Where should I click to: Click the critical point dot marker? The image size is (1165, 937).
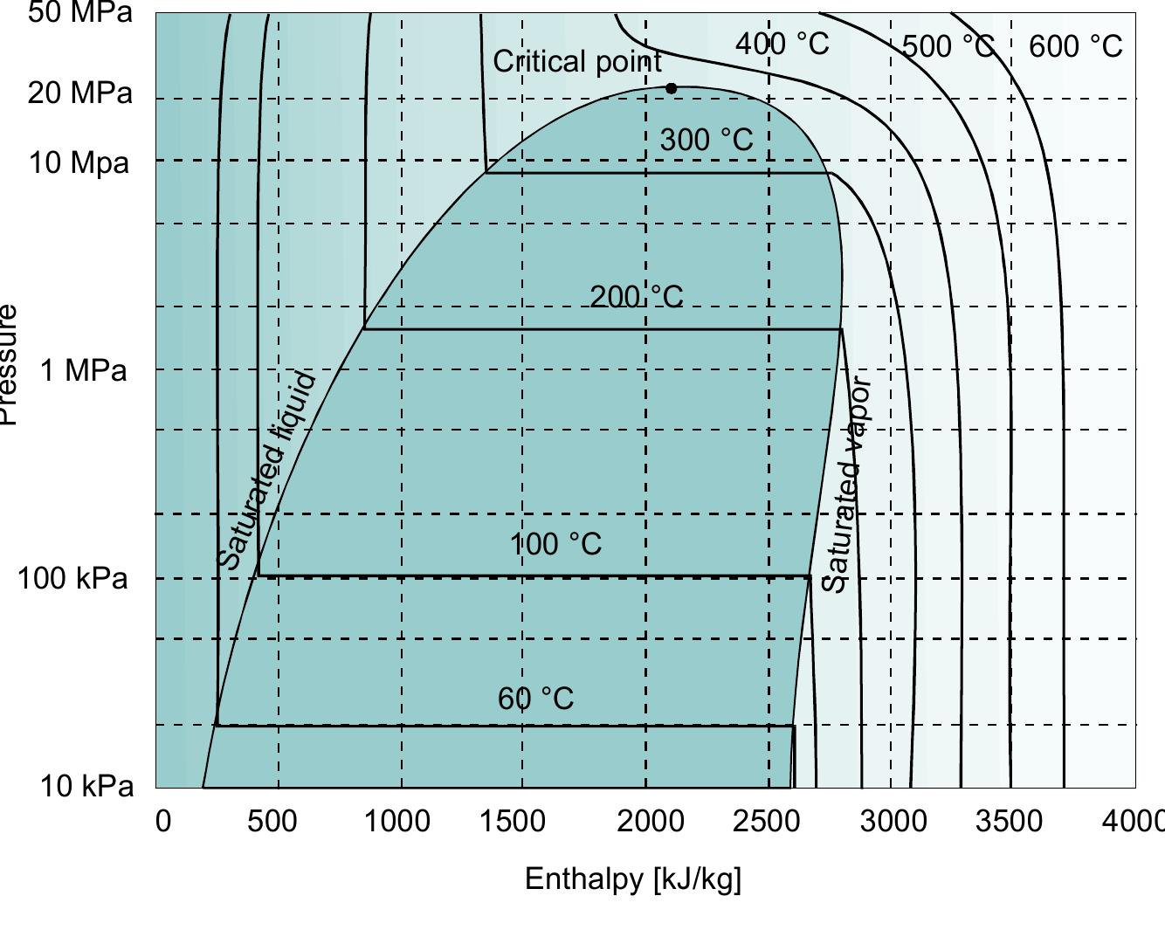[671, 88]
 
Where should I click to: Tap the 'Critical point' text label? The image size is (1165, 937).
[577, 61]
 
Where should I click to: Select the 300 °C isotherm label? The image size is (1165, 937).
[706, 140]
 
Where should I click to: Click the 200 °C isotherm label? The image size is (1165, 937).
[637, 297]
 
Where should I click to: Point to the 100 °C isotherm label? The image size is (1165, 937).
[555, 544]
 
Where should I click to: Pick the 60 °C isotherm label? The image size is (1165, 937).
[535, 699]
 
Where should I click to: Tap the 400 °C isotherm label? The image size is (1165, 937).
[782, 43]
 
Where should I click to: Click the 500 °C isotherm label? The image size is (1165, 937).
[948, 45]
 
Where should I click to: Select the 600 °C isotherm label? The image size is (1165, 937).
[1075, 45]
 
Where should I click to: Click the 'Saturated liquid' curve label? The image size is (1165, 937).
[265, 470]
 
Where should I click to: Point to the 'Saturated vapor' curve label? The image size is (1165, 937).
[846, 485]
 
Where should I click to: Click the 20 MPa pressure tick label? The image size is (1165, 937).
[79, 92]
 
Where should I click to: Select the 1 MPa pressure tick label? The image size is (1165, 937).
[84, 370]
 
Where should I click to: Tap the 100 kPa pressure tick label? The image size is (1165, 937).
[72, 578]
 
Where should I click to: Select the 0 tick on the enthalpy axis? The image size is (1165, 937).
[163, 821]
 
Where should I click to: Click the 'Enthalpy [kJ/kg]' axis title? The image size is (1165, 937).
[632, 878]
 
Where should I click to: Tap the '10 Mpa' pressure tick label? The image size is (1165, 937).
[79, 162]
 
